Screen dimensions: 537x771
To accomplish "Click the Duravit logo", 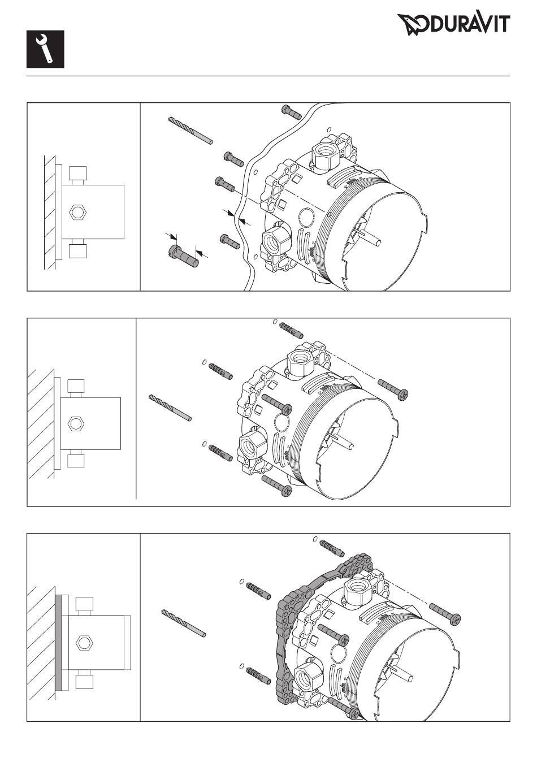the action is tap(453, 24).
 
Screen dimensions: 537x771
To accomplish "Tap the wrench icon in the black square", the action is tap(45, 49).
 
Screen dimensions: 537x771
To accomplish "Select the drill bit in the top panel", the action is tap(190, 131).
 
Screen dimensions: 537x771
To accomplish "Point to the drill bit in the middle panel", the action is tap(170, 408).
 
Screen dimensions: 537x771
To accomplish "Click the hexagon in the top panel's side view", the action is tap(77, 212).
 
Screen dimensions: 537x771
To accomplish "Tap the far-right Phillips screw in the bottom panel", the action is tap(445, 614).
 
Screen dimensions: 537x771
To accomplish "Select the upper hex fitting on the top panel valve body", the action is tap(325, 155).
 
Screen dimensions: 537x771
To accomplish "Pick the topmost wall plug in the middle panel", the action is tap(291, 331).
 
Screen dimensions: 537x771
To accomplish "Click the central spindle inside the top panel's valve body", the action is tap(370, 237).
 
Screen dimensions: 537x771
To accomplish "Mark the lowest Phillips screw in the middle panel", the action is tap(277, 486).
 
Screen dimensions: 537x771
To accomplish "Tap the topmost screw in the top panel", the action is tap(292, 112).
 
